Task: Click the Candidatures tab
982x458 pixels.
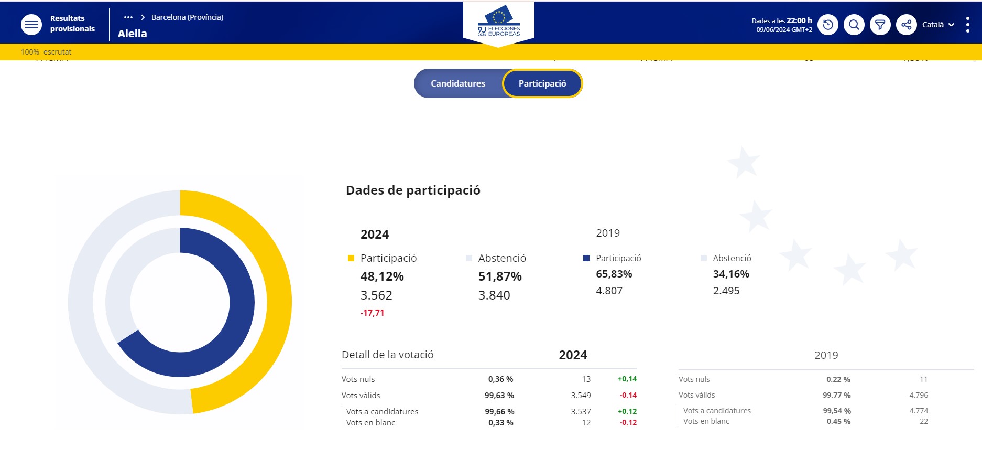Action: point(457,83)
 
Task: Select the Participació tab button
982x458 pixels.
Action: point(542,83)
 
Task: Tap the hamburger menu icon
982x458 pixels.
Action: point(31,25)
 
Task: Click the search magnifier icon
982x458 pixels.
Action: point(854,25)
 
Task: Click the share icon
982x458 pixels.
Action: point(906,25)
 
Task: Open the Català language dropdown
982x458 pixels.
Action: point(938,25)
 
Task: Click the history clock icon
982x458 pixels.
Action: point(828,25)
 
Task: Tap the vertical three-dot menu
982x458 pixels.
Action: point(967,25)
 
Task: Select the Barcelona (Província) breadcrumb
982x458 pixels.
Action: point(187,17)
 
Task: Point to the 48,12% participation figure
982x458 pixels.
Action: point(382,276)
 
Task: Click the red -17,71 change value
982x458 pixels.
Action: point(372,313)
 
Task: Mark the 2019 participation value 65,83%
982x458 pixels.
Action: point(614,274)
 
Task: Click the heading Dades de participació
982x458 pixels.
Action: point(413,190)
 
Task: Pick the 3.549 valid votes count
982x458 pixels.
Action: point(581,395)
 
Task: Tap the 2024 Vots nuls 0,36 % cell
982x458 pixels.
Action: point(500,379)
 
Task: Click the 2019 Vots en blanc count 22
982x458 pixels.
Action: point(923,421)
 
